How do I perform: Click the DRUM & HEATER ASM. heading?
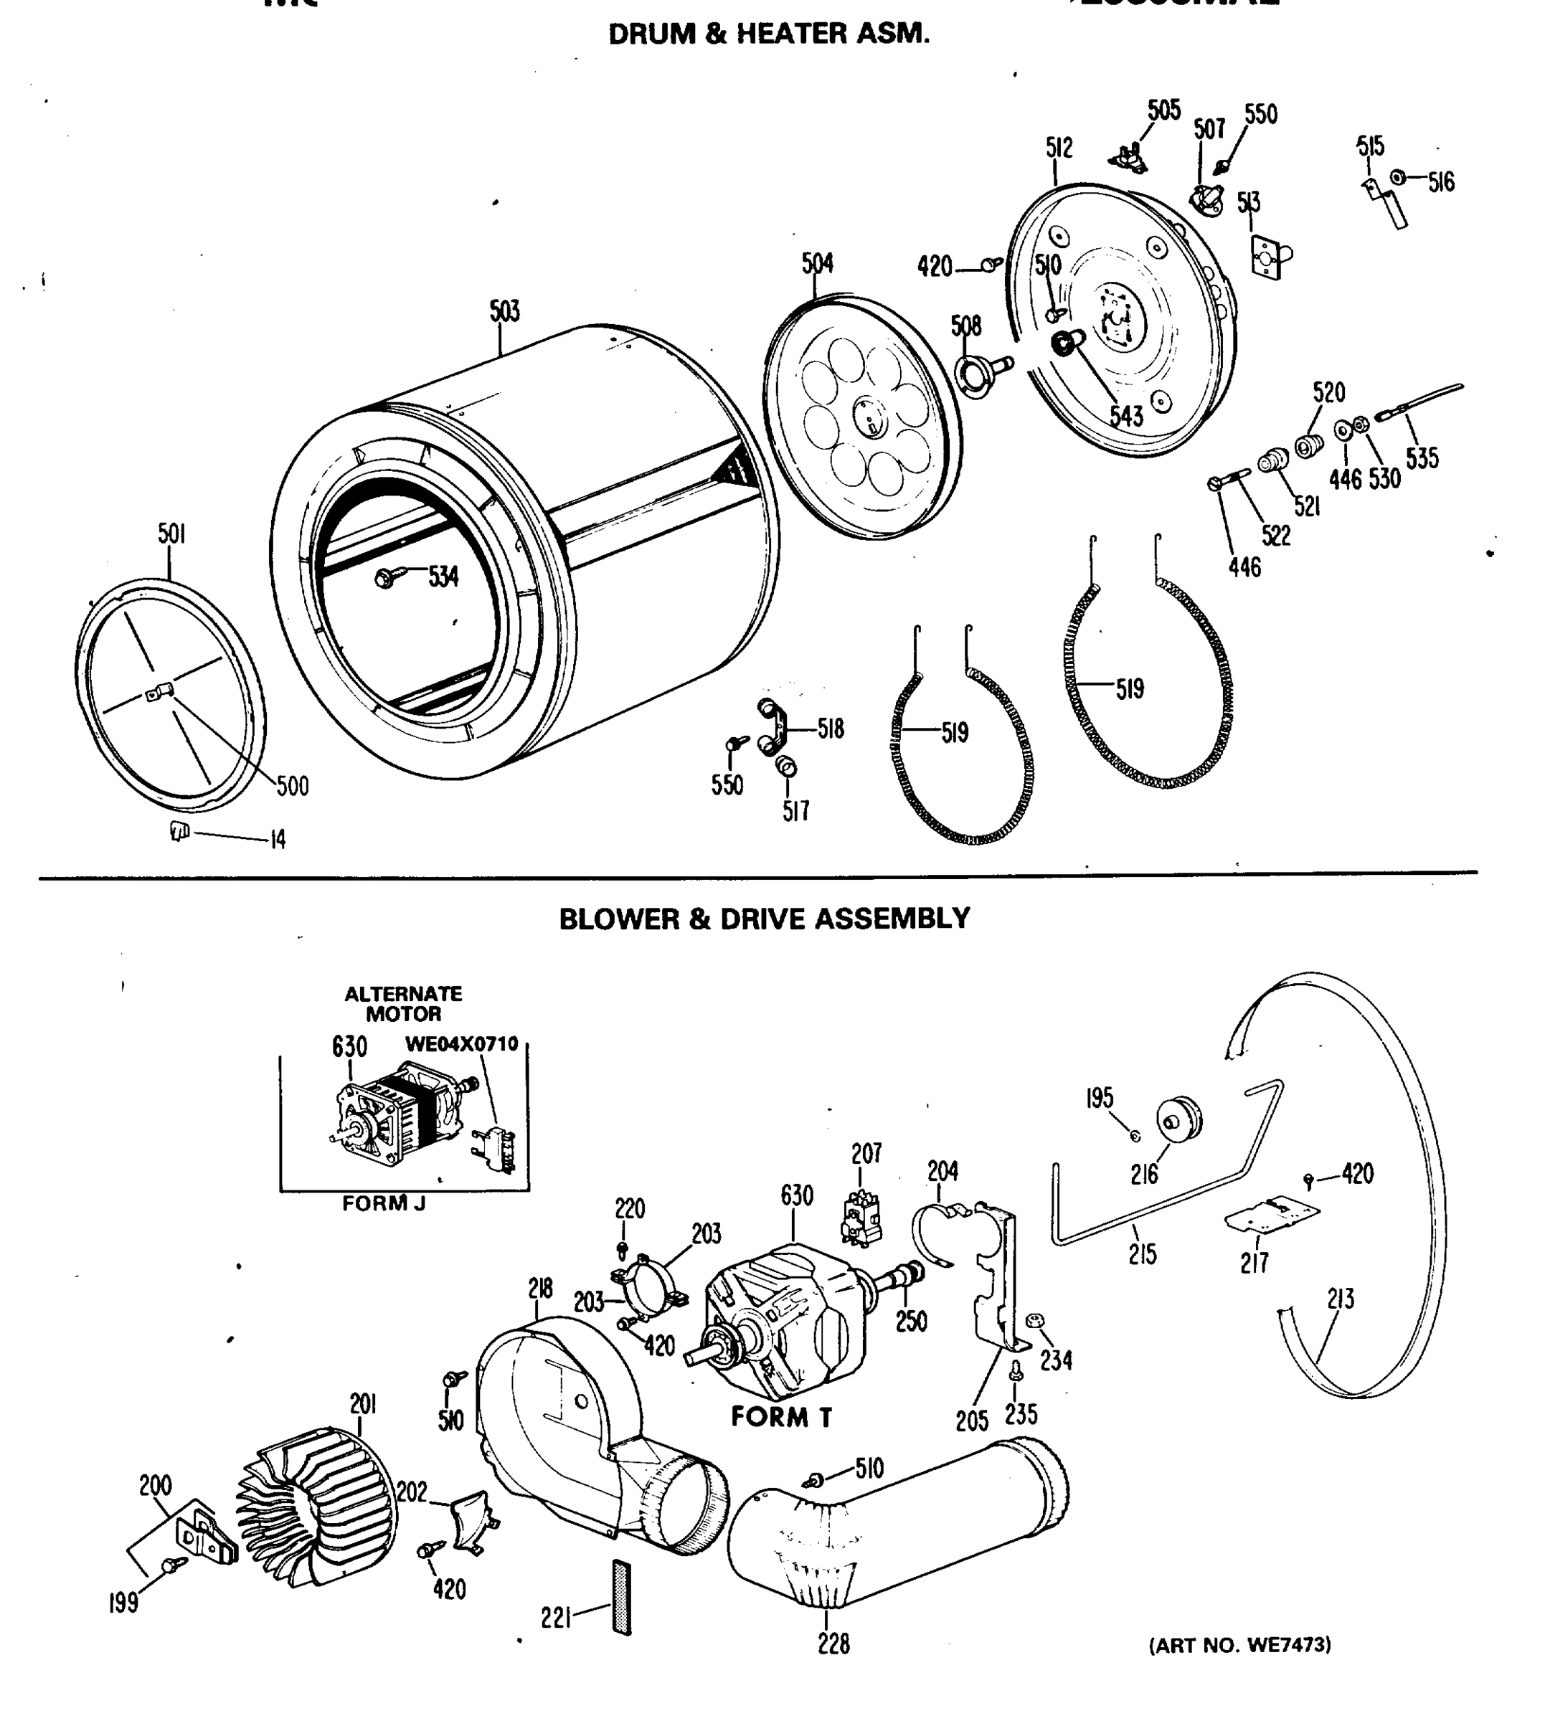[x=768, y=34]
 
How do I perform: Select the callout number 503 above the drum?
[x=504, y=311]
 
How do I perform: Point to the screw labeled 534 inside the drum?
[x=385, y=578]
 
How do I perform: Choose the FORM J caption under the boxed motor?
[x=384, y=1203]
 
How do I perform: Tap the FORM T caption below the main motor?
[x=781, y=1416]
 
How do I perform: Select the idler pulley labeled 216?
[x=1179, y=1121]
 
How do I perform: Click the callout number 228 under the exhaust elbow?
[x=833, y=1667]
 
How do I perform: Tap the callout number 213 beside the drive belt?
[x=1341, y=1299]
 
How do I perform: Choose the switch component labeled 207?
[x=861, y=1220]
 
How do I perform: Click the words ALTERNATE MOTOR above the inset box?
[x=403, y=1003]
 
